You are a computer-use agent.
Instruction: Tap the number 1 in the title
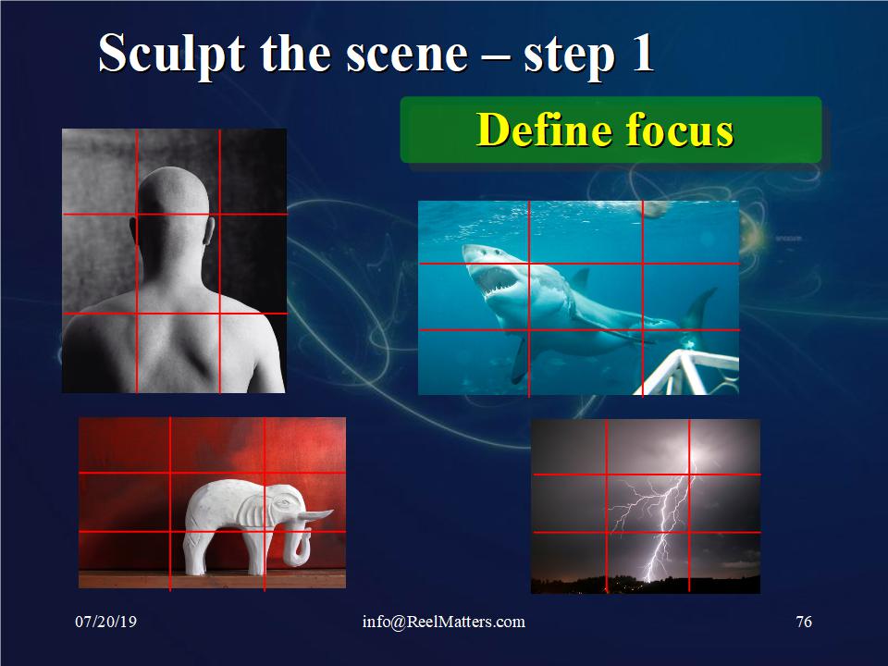point(643,53)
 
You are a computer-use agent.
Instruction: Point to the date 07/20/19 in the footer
point(105,622)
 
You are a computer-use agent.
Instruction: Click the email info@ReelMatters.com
point(443,622)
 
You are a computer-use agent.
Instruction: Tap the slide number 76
point(804,622)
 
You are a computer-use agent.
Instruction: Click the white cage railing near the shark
point(686,372)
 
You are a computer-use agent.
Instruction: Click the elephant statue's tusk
point(316,515)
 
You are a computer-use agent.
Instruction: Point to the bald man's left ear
point(132,230)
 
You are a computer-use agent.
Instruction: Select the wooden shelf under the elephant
point(212,579)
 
